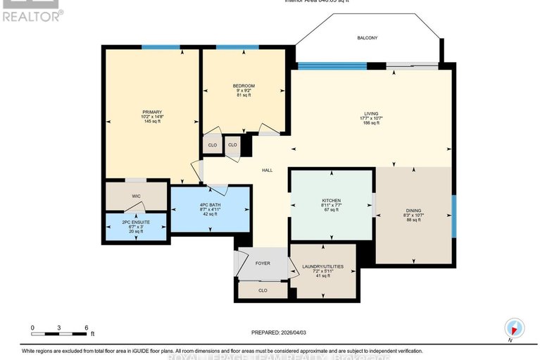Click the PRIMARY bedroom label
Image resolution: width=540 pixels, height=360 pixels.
pos(152,112)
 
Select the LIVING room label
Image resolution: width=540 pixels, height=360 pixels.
pos(371,112)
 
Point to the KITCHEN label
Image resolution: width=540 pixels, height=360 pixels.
pos(330,201)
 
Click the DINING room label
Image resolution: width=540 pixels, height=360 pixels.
pos(413,210)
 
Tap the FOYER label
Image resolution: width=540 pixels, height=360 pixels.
pos(263,263)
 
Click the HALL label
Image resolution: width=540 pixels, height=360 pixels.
pos(268,170)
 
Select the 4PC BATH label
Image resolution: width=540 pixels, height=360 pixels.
pos(211,204)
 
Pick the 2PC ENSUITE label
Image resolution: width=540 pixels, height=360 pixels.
pos(137,223)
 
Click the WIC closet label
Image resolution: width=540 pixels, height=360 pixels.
pos(137,197)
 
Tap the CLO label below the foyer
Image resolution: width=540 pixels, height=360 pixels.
pos(263,290)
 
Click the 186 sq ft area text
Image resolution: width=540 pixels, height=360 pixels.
pos(371,123)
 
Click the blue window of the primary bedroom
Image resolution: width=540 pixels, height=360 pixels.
pos(161,47)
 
